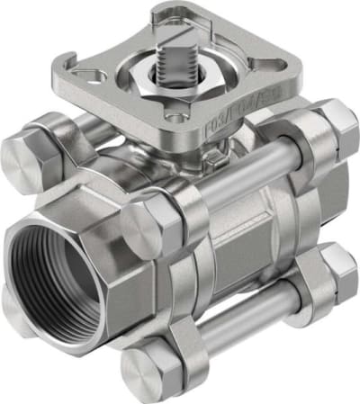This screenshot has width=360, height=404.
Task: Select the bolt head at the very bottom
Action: [x=147, y=370]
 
